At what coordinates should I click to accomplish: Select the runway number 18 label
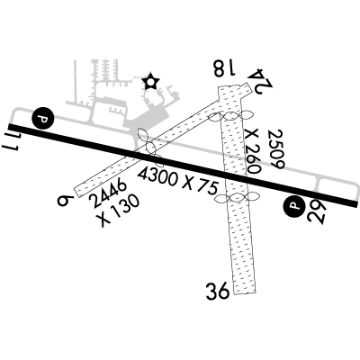tap(224, 68)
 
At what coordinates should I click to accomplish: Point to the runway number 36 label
tap(218, 292)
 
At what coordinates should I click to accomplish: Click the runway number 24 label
tap(261, 78)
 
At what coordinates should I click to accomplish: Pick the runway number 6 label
tap(66, 200)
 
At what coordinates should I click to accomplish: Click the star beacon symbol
tap(150, 82)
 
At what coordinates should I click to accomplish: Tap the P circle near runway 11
tap(43, 118)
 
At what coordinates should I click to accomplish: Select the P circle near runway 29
tap(294, 206)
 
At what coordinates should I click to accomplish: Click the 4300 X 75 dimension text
tap(177, 181)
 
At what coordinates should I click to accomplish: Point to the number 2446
tap(108, 193)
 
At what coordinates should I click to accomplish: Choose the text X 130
tap(120, 211)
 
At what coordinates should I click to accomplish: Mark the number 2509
tap(276, 149)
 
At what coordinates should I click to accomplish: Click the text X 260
tap(251, 151)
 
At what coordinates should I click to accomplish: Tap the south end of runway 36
tap(245, 292)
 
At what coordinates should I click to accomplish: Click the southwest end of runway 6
tap(77, 192)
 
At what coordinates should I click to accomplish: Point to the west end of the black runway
tap(9, 127)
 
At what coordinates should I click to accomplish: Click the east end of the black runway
tap(356, 204)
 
